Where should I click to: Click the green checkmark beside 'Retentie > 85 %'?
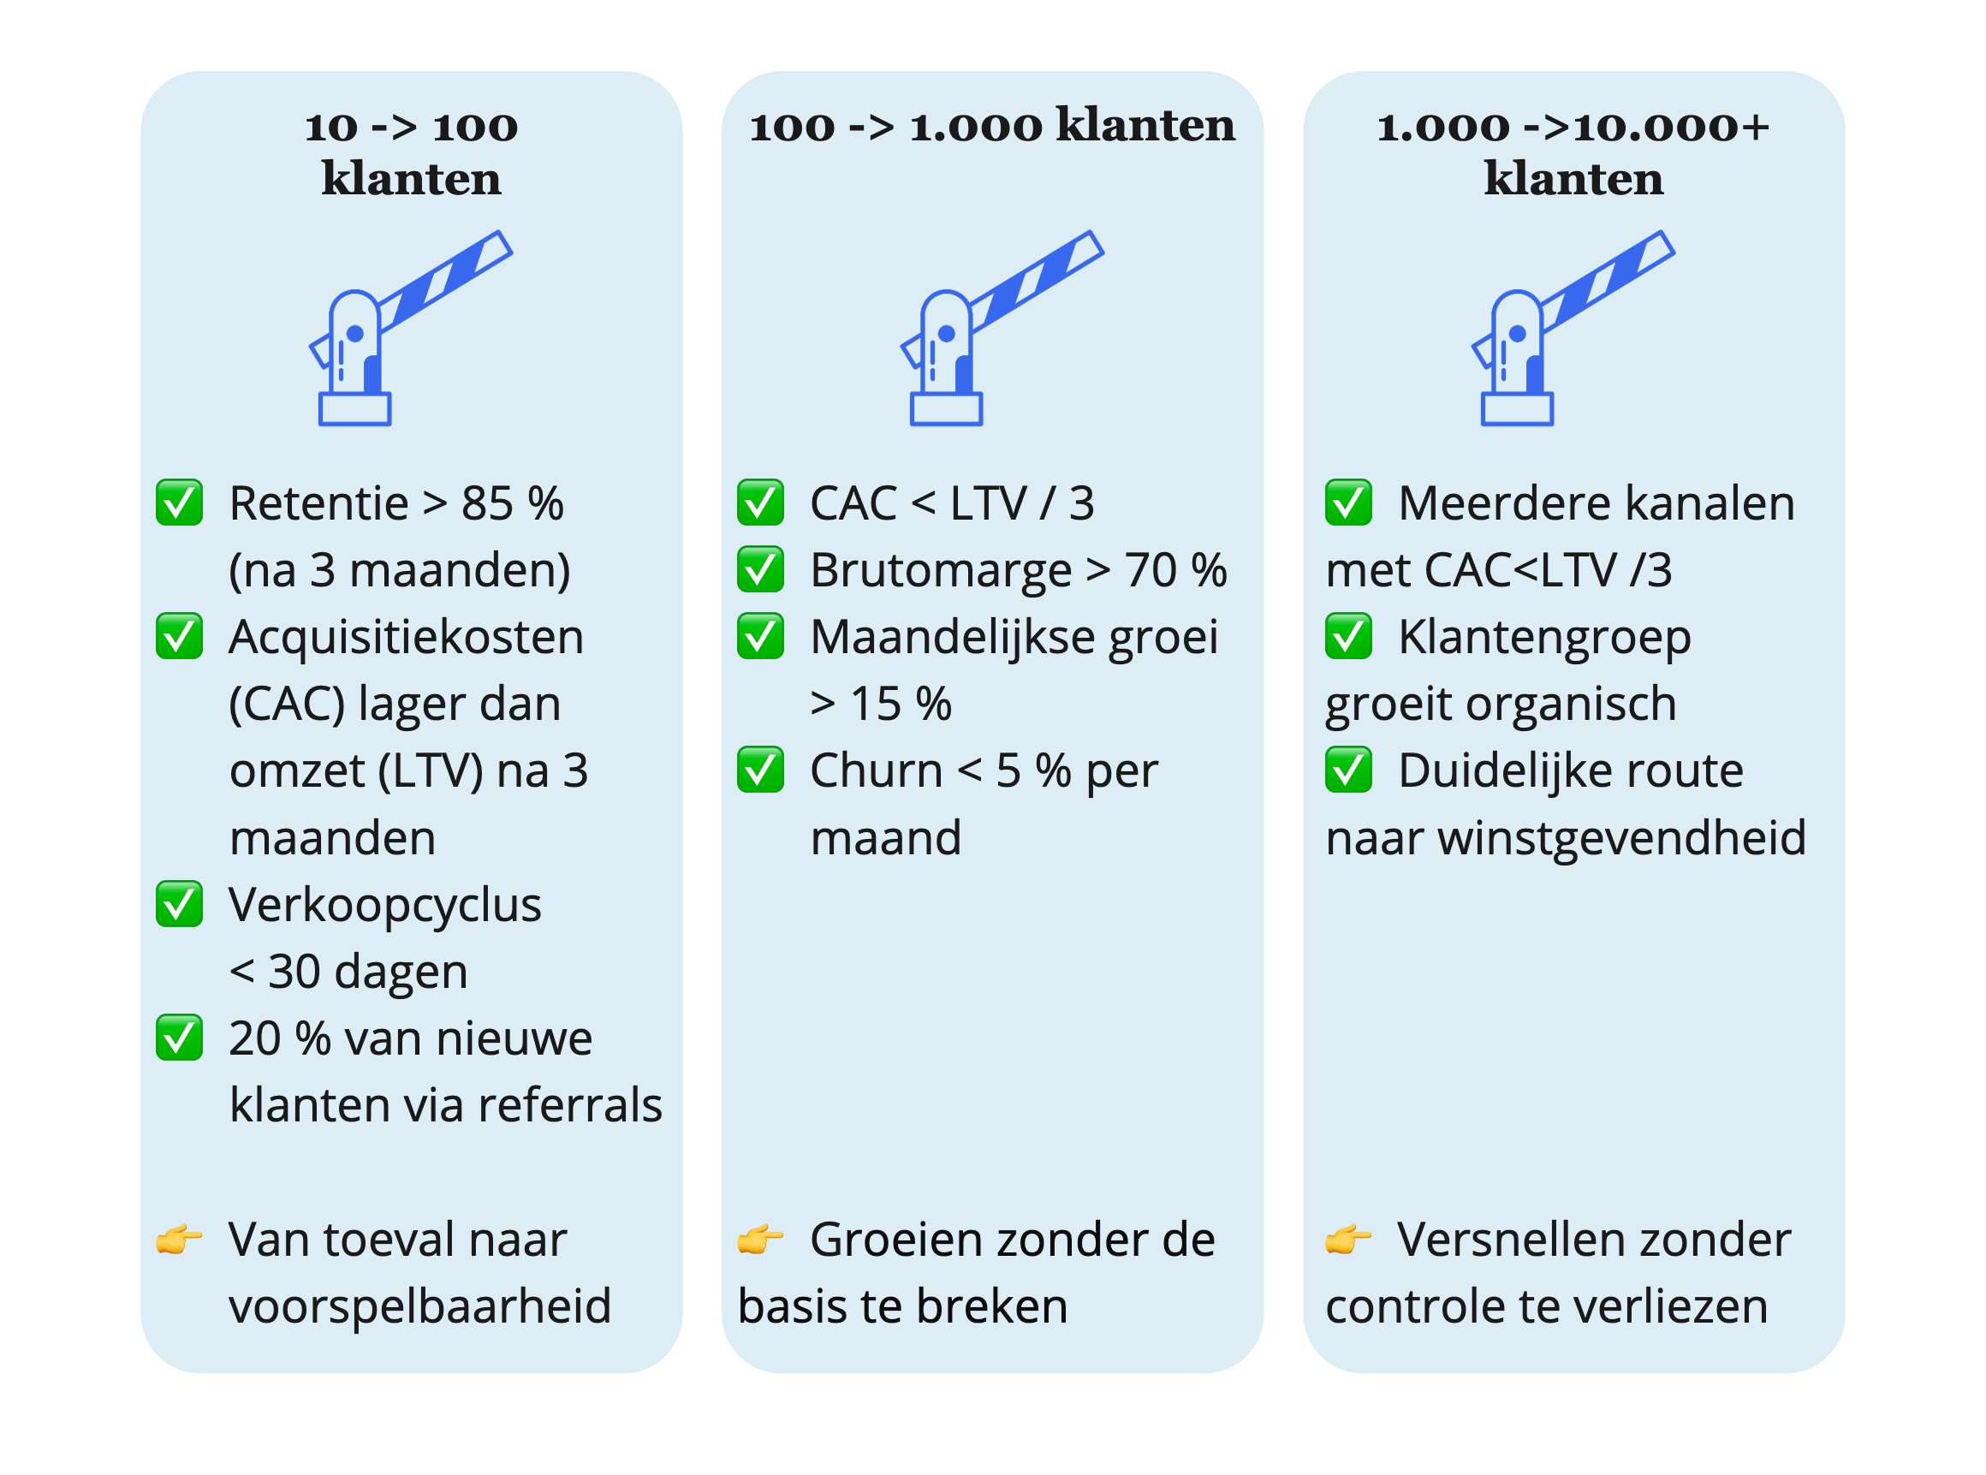coord(180,503)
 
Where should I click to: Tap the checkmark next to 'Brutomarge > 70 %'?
coord(760,569)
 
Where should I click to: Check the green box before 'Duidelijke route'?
coord(1347,770)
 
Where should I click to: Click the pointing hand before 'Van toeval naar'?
coord(179,1240)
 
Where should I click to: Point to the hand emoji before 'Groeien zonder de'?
coord(759,1240)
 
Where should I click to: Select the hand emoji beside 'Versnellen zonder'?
coord(1347,1240)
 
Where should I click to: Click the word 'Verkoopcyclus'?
coord(384,906)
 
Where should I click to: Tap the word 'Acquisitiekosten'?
coord(406,638)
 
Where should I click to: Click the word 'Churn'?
coord(876,770)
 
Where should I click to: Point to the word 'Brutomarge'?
coord(941,570)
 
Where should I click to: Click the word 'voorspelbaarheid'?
coord(419,1307)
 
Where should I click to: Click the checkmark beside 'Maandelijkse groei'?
coord(760,637)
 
